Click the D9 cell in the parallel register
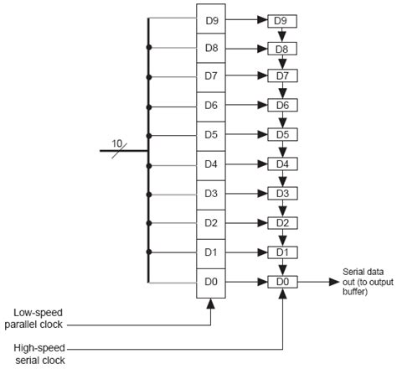pos(212,18)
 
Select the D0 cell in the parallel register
pos(212,282)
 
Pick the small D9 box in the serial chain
pos(282,20)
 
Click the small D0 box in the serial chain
pos(282,282)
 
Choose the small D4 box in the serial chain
pos(282,164)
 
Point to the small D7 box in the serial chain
pos(282,76)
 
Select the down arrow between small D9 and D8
pos(282,34)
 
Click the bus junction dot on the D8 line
pos(149,48)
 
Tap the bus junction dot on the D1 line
pos(149,252)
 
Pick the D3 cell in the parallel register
pos(212,194)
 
